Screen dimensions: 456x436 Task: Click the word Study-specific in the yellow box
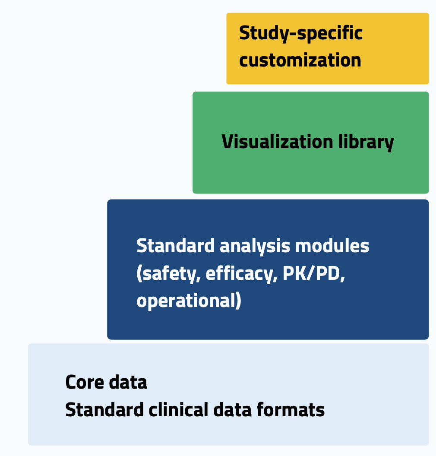pyautogui.click(x=301, y=34)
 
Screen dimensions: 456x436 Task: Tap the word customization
pyautogui.click(x=300, y=60)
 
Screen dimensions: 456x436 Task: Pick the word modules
pyautogui.click(x=332, y=246)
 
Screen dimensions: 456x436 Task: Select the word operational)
pyautogui.click(x=189, y=301)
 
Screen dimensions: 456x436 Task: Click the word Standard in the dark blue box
pyautogui.click(x=175, y=246)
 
